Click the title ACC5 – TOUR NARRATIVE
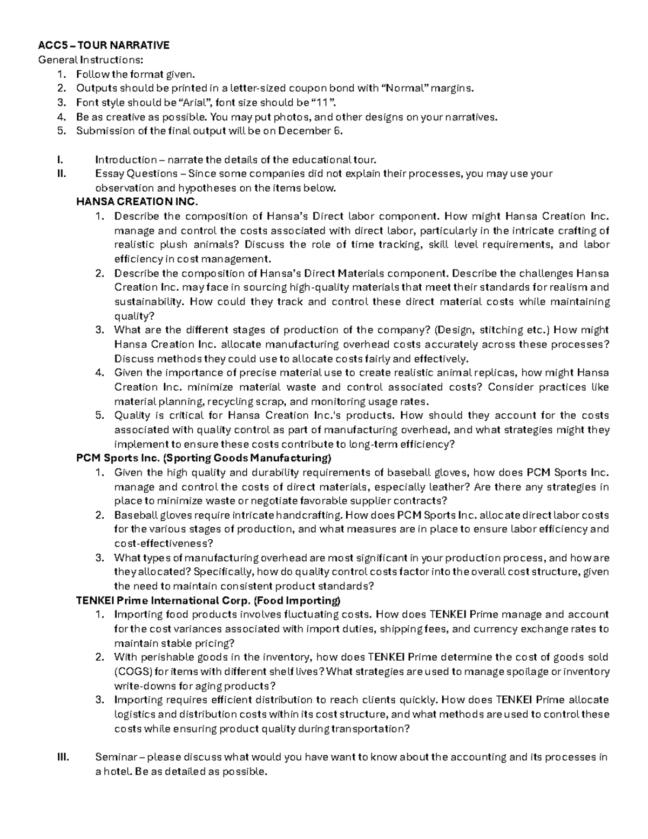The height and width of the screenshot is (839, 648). (103, 45)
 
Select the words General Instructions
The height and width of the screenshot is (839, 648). (91, 59)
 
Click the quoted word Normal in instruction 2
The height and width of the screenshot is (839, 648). (408, 88)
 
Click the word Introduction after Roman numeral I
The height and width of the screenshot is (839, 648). (126, 160)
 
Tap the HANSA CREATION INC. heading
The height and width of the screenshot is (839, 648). (137, 202)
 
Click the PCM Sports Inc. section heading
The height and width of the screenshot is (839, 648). (204, 458)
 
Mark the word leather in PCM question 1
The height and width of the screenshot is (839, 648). (453, 487)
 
